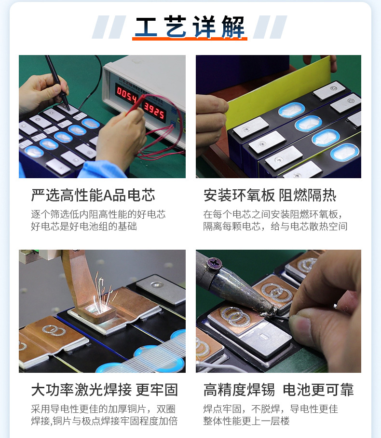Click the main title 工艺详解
[190, 27]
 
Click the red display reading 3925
[154, 111]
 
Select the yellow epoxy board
[279, 92]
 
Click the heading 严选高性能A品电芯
[93, 195]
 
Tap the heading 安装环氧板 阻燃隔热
[270, 195]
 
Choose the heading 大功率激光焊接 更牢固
[105, 390]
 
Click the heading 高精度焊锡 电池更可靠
[279, 390]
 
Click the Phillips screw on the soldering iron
[214, 263]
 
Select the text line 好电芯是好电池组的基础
[84, 226]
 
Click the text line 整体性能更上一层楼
[246, 421]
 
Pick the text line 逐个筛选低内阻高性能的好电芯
[98, 214]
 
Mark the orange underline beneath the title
[190, 39]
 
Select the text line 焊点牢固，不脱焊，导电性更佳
[271, 409]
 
